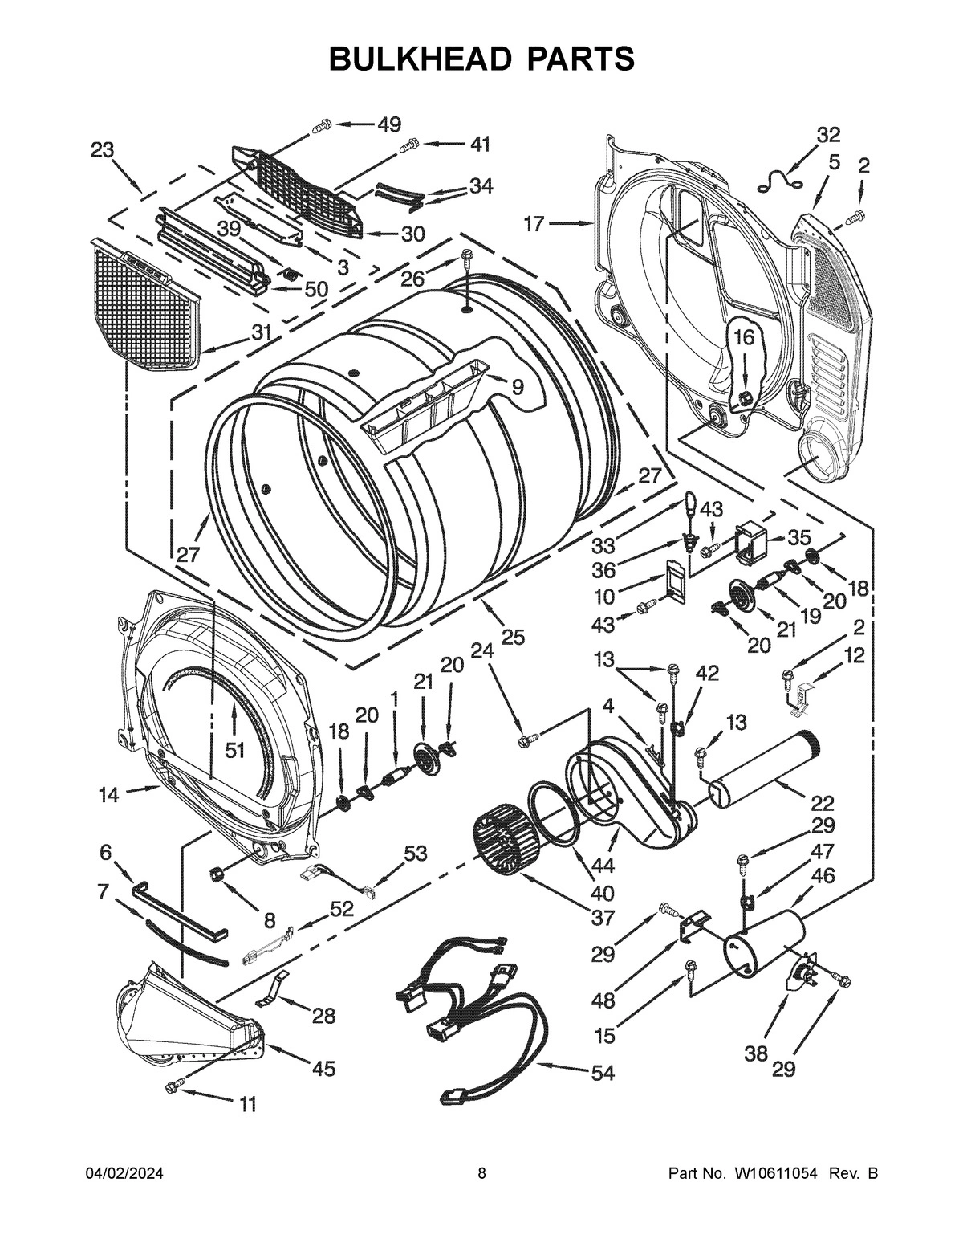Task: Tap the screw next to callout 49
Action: point(322,125)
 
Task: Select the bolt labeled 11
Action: point(172,1086)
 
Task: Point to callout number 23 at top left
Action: point(102,150)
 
